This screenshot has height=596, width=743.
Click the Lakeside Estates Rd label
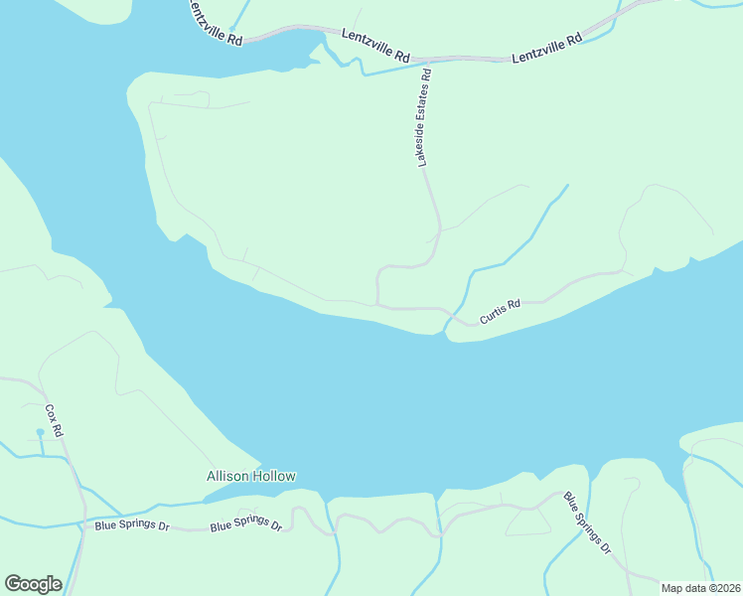(x=424, y=116)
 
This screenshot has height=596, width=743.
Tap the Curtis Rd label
(x=500, y=313)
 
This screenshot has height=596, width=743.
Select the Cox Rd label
(x=55, y=421)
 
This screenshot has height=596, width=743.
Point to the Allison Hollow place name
(x=250, y=477)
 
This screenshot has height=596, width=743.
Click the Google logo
(x=33, y=584)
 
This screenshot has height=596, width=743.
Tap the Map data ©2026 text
(x=700, y=588)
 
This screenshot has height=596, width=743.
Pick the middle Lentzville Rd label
(x=375, y=46)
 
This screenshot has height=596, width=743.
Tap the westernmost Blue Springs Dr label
(x=131, y=523)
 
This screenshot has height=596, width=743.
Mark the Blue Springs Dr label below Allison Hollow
(x=246, y=523)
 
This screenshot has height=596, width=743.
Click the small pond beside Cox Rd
(x=40, y=433)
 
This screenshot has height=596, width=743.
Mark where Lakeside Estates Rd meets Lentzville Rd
(x=430, y=61)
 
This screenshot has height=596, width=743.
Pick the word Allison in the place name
(x=226, y=477)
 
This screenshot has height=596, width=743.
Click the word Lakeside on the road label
(x=422, y=146)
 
